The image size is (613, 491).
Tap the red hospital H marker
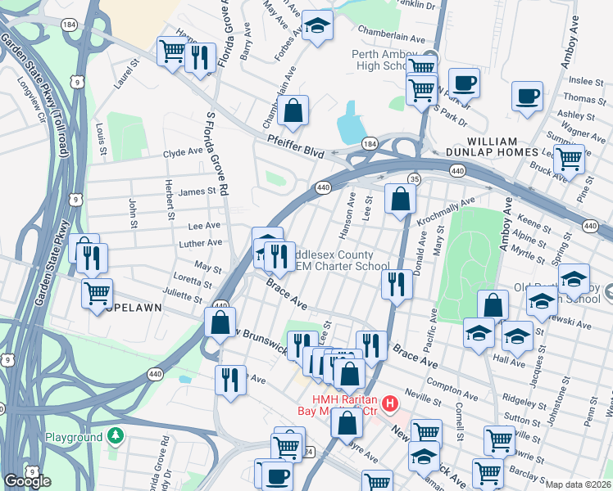tap(390, 403)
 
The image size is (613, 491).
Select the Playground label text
tap(74, 438)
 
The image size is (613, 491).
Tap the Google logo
tap(27, 481)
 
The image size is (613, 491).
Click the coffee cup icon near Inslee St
tap(526, 97)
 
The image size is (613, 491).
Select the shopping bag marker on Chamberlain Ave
tap(293, 111)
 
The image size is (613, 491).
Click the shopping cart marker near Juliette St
tap(98, 293)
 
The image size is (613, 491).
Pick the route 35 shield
tap(414, 179)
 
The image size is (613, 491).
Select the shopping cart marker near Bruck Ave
tap(568, 159)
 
